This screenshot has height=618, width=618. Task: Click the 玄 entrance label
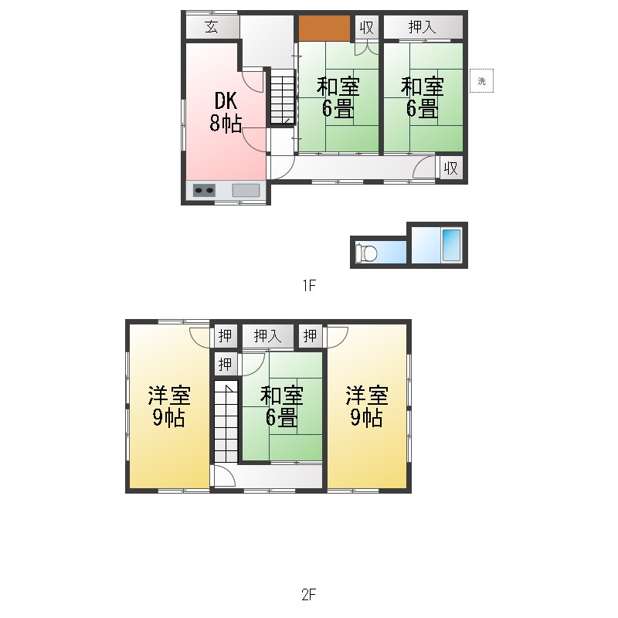pyautogui.click(x=211, y=27)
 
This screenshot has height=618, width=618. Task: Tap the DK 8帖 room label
pyautogui.click(x=225, y=112)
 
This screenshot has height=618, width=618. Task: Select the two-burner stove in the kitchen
pyautogui.click(x=205, y=190)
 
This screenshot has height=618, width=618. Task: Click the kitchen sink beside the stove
pyautogui.click(x=246, y=190)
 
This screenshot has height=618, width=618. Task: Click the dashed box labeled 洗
pyautogui.click(x=481, y=80)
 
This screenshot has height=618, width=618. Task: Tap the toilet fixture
pyautogui.click(x=367, y=253)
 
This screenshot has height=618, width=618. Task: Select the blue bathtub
pyautogui.click(x=450, y=245)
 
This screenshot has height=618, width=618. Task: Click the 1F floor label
pyautogui.click(x=308, y=286)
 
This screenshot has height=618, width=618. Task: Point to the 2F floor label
pyautogui.click(x=308, y=595)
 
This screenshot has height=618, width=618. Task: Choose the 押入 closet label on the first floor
pyautogui.click(x=423, y=27)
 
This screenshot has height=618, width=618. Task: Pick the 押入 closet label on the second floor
pyautogui.click(x=267, y=336)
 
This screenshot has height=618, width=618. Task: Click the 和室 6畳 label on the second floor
pyautogui.click(x=281, y=407)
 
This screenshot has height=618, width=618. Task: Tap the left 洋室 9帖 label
pyautogui.click(x=168, y=407)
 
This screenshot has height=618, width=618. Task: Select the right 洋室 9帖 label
pyautogui.click(x=366, y=407)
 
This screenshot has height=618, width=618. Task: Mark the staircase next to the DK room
pyautogui.click(x=282, y=97)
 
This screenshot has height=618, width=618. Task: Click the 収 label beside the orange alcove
pyautogui.click(x=366, y=28)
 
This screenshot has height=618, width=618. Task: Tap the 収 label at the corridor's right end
pyautogui.click(x=450, y=168)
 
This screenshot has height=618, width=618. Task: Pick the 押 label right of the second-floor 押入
pyautogui.click(x=310, y=336)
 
